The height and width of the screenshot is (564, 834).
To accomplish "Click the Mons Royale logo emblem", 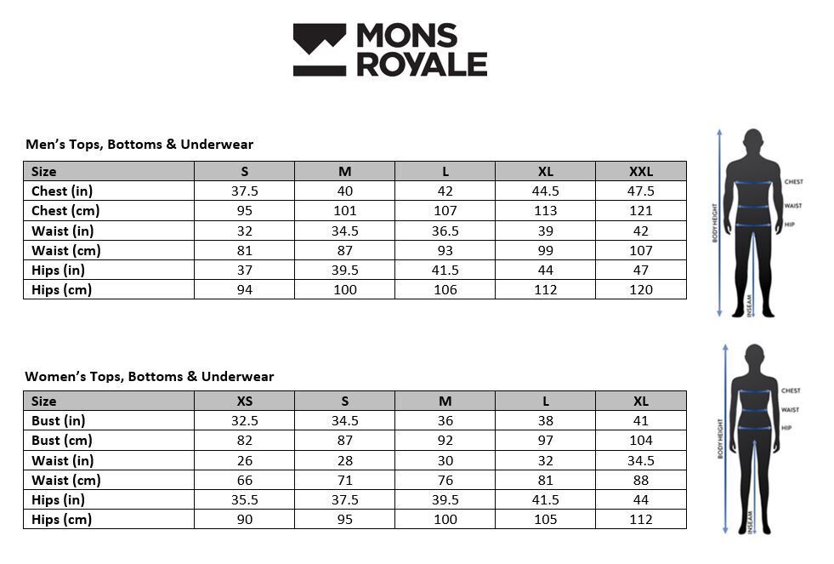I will click(319, 49).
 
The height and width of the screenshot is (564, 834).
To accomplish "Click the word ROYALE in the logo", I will click(422, 65).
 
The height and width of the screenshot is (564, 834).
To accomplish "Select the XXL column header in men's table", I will click(641, 171).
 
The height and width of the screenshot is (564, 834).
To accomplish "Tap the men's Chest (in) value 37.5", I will click(245, 191).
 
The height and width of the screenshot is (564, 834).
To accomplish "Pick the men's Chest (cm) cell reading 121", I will click(641, 211).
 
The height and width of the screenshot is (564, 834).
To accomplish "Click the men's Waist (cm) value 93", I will click(445, 250).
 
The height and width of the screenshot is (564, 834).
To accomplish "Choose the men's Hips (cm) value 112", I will click(545, 289).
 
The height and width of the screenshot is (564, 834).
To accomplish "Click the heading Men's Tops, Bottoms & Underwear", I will click(139, 145).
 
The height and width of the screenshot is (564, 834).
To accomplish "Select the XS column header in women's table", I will click(245, 401).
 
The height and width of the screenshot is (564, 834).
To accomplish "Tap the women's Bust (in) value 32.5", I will click(245, 420).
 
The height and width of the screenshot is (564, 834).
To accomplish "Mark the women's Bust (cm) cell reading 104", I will click(641, 441).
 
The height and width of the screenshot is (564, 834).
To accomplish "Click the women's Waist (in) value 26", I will click(245, 460).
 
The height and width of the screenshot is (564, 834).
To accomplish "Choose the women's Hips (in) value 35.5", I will click(245, 499).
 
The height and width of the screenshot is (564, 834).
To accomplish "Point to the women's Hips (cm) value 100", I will click(445, 519).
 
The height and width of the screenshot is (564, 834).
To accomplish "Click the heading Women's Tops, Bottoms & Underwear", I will click(150, 376).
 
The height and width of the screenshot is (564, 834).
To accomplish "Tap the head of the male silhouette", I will click(752, 140).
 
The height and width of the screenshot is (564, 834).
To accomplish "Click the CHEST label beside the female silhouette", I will click(791, 390).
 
